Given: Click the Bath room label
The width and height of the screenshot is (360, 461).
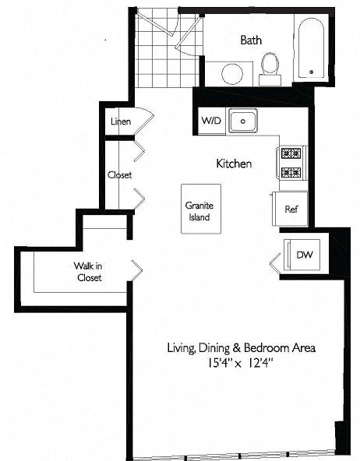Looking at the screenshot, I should point(251,40).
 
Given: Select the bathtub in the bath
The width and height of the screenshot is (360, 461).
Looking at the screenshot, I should point(312,48).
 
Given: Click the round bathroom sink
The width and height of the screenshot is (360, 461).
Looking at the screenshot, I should point(231,74).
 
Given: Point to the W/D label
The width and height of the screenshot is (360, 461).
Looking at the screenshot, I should point(211,121).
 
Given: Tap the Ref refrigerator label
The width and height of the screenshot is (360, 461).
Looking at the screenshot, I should point(291,209).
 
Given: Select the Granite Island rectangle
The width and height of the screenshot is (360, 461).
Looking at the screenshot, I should point(200,211).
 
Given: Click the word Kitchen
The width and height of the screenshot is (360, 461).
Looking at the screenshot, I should point(234,164).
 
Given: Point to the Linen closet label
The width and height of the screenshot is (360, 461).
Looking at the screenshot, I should point(120,121).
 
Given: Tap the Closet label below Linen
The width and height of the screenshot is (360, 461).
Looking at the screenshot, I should point(119,175).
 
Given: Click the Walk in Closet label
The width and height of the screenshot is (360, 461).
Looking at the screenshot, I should point(88,272).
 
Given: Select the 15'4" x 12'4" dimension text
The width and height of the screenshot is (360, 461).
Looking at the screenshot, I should point(242,363).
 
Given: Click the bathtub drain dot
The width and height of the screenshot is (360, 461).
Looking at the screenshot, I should point(312,72).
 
